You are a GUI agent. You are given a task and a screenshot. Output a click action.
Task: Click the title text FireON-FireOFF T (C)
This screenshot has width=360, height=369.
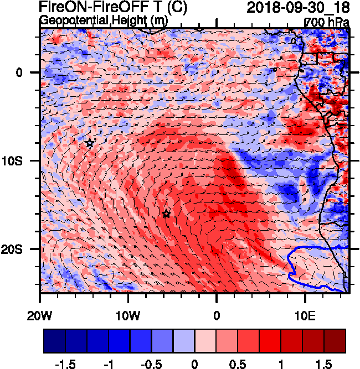(x=113, y=7)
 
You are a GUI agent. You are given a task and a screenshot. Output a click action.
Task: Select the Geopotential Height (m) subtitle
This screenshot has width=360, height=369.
(x=103, y=20)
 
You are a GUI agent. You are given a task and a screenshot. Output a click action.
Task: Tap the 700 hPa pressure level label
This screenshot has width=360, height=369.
(x=327, y=22)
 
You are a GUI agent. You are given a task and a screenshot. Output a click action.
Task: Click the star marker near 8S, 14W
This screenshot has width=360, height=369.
(x=90, y=143)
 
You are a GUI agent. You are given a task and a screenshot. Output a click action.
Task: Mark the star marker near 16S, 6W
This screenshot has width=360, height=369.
(x=166, y=214)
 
